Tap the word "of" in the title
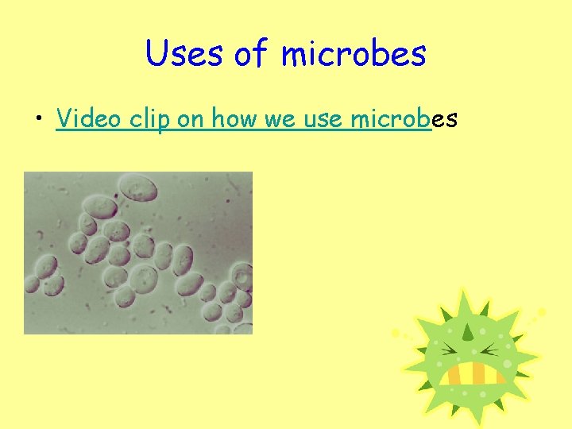pyautogui.click(x=251, y=54)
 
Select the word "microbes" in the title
pyautogui.click(x=354, y=54)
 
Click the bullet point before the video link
pyautogui.click(x=39, y=122)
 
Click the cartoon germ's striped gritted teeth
pyautogui.click(x=467, y=374)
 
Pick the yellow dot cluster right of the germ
pyautogui.click(x=535, y=317)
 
